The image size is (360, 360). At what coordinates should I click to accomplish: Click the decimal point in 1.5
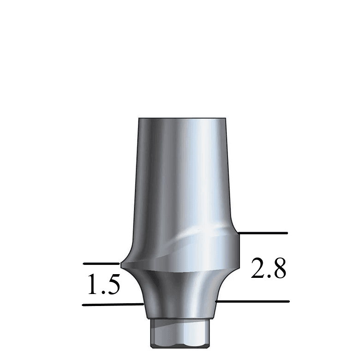point(103,293)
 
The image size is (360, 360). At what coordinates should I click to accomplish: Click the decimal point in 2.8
point(269,276)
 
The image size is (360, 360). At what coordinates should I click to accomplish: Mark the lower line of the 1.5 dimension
point(111,305)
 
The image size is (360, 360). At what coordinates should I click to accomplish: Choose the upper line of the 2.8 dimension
point(263,233)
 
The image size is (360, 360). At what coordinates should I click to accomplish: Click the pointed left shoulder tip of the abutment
point(121,264)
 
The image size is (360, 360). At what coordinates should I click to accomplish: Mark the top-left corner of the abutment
point(140,119)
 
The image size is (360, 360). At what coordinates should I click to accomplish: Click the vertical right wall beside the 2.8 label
point(239,249)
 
